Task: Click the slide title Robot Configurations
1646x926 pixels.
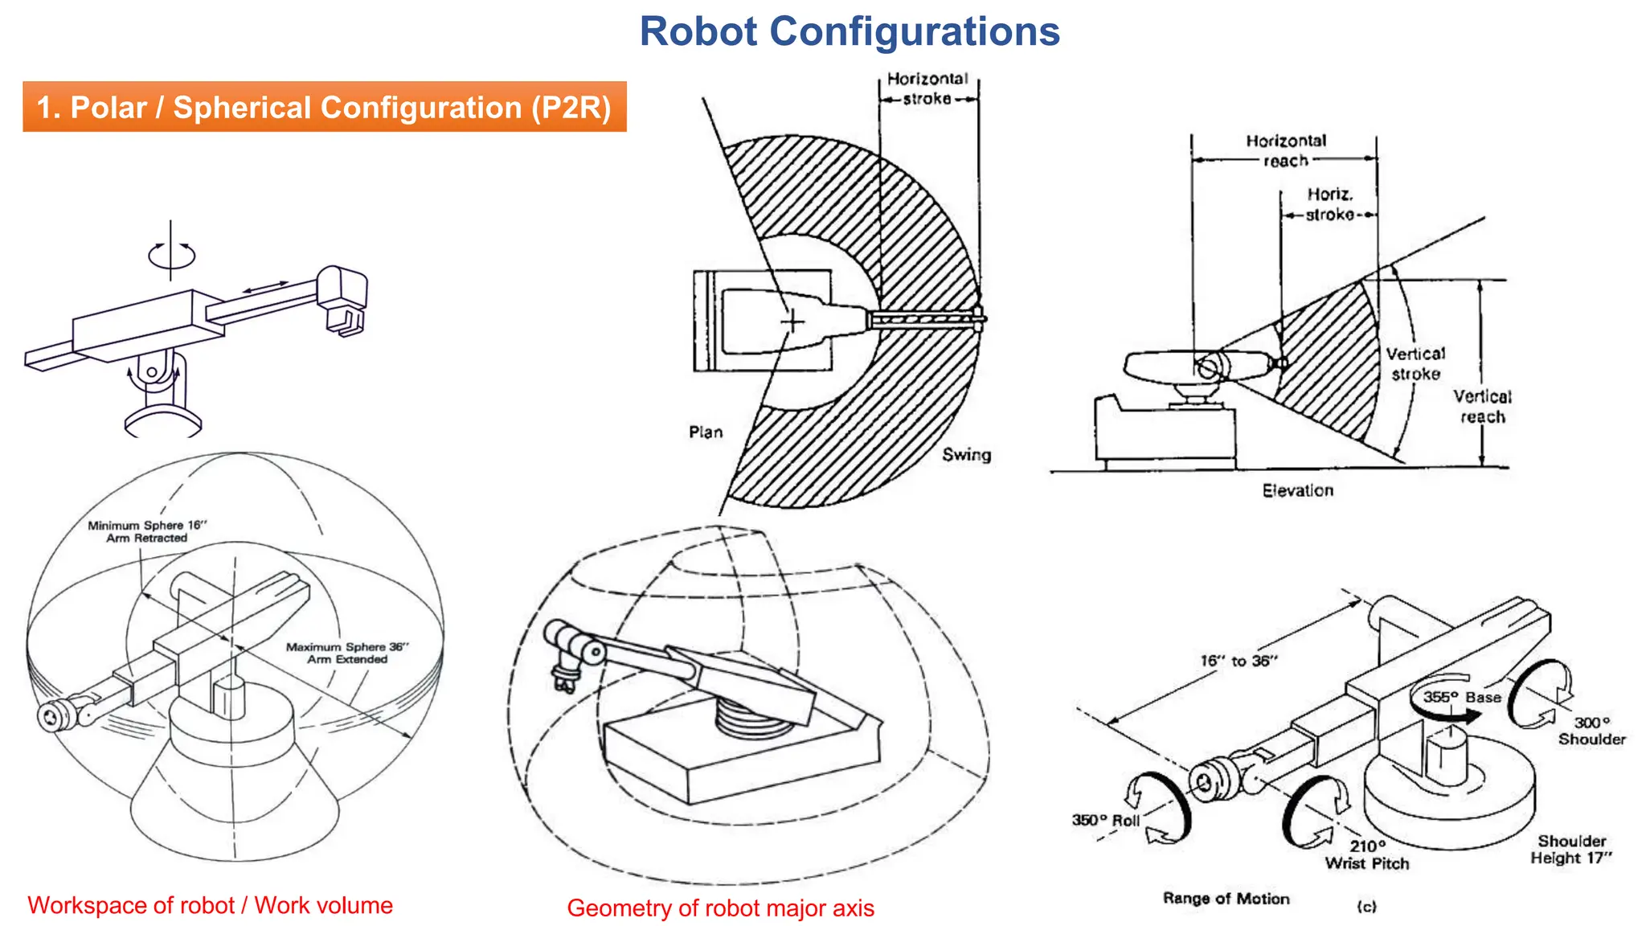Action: pos(850,32)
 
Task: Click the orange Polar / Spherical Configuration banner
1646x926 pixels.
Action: pos(324,107)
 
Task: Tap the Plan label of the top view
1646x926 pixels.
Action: pos(706,432)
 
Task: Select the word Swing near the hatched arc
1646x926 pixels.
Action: pos(966,455)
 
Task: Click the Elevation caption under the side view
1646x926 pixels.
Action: pos(1297,491)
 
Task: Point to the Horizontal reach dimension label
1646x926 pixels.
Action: pos(1286,150)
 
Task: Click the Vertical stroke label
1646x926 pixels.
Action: pos(1415,364)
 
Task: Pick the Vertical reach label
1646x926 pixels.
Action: pos(1482,407)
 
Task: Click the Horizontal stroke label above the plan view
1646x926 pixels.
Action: pos(927,88)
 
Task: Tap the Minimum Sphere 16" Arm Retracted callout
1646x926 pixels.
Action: pos(147,531)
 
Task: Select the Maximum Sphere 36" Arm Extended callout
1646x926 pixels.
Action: pos(347,653)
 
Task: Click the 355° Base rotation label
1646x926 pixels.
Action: pos(1461,697)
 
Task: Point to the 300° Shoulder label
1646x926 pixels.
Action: pos(1591,731)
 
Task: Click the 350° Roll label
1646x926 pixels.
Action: pos(1105,821)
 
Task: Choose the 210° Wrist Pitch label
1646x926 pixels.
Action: pos(1367,855)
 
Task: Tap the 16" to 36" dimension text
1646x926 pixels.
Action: pos(1238,661)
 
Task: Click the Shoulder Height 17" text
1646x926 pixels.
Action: pos(1571,850)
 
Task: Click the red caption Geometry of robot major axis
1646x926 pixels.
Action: pos(720,908)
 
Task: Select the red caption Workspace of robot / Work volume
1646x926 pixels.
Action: pos(210,906)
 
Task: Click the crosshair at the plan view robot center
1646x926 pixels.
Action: pos(792,322)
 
